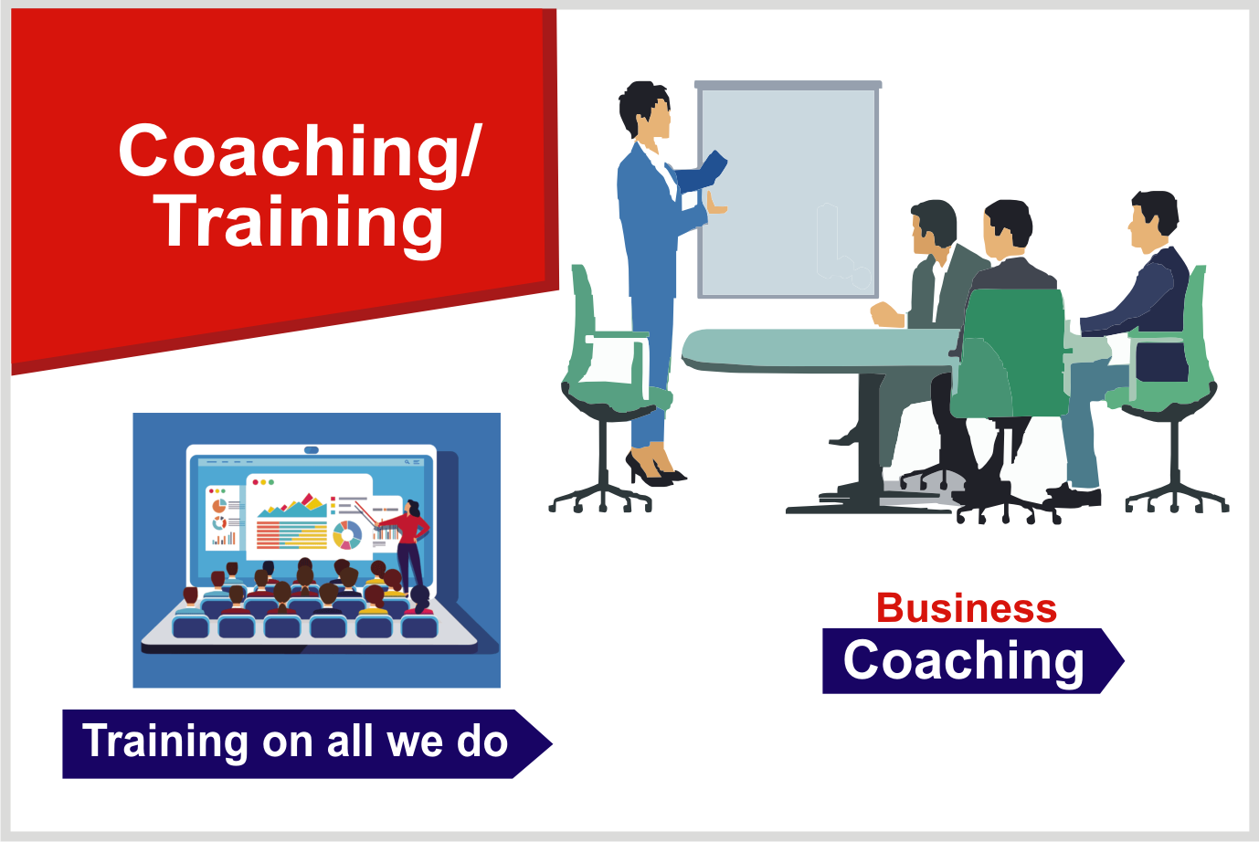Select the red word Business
[966, 608]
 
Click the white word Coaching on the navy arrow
[963, 661]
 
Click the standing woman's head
[646, 111]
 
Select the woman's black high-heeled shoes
[654, 469]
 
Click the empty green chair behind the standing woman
[604, 387]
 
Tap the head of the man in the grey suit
[933, 226]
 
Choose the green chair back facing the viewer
[1010, 353]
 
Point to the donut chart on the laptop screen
[347, 535]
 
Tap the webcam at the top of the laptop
[312, 450]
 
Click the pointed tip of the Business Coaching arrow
[1124, 660]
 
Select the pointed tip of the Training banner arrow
[552, 743]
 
